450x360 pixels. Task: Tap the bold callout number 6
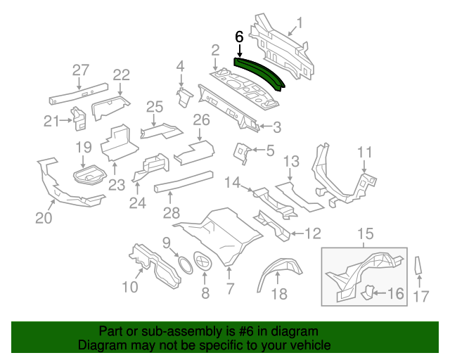pyautogui.click(x=239, y=37)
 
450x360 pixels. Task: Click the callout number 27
pyautogui.click(x=81, y=70)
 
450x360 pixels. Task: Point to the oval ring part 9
pyautogui.click(x=185, y=265)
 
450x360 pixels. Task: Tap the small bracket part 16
pyautogui.click(x=370, y=292)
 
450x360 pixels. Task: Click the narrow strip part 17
pyautogui.click(x=419, y=267)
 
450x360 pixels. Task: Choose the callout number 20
pyautogui.click(x=44, y=218)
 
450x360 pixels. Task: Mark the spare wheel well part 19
pyautogui.click(x=89, y=171)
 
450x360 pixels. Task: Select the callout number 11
pyautogui.click(x=364, y=153)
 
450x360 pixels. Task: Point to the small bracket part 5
pyautogui.click(x=243, y=150)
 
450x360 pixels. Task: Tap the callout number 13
pyautogui.click(x=290, y=162)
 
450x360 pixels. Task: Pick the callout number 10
pyautogui.click(x=130, y=287)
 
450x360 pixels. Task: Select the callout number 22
pyautogui.click(x=122, y=75)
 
